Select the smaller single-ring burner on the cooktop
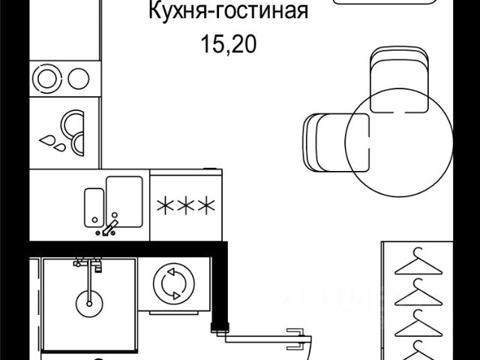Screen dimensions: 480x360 click(78, 77)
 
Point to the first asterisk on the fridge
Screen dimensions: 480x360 click(163, 204)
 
